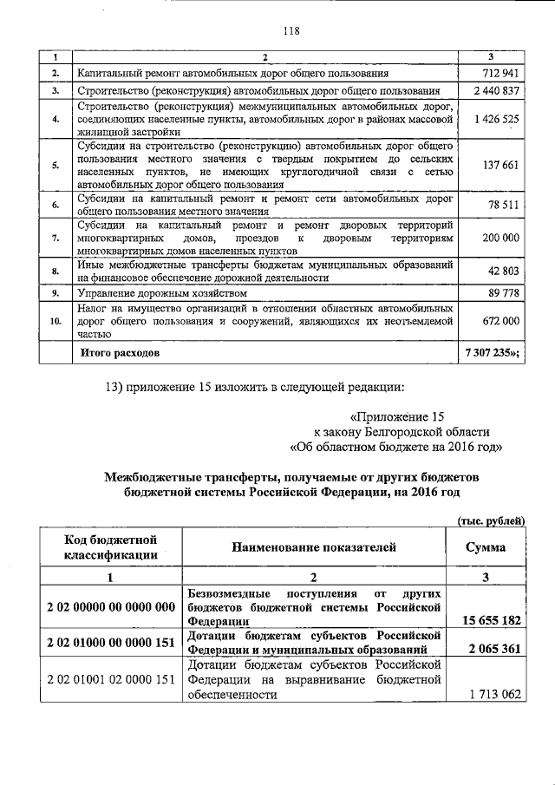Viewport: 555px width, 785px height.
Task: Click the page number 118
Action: tap(291, 31)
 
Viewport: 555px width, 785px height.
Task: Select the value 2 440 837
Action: tap(497, 91)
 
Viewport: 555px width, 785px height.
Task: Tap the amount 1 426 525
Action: tap(497, 119)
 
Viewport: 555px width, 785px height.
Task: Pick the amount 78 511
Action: tap(503, 206)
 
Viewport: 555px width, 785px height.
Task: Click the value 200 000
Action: tap(500, 238)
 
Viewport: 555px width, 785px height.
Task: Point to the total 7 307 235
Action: tap(494, 354)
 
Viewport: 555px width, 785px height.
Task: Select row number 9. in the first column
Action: tap(54, 293)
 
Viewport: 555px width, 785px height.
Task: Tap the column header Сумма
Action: tap(486, 548)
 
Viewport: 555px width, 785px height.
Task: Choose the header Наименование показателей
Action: tap(314, 548)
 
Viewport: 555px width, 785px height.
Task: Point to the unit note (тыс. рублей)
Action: tap(491, 520)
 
